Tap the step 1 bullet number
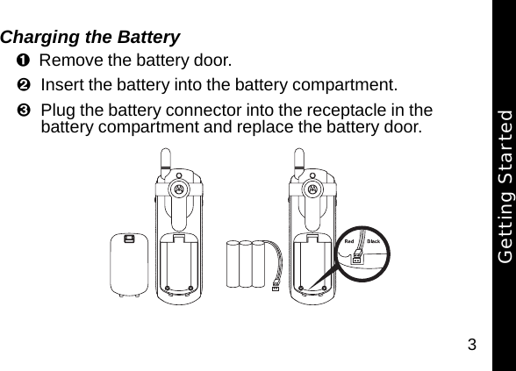pos(21,61)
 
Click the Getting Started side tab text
pos(503,185)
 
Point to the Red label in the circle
pos(348,241)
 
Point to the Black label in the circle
pos(372,241)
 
